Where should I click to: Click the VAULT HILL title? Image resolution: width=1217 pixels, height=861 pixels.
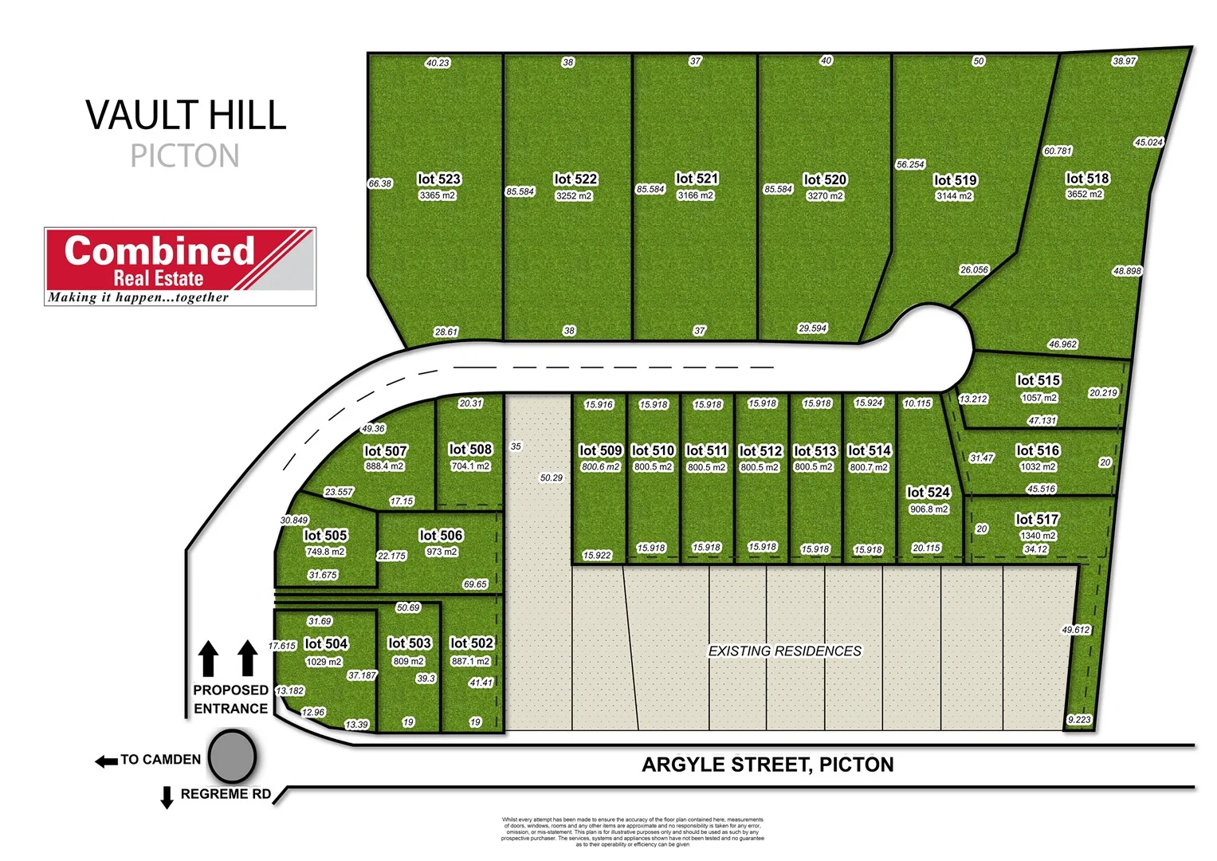pos(186,116)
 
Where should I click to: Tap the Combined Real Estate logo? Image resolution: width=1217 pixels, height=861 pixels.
pos(180,266)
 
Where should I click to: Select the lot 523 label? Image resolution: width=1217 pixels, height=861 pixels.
pos(439,179)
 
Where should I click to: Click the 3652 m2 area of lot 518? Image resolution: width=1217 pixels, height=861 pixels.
pos(1085,195)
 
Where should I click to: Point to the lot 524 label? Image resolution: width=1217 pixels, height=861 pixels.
pos(928,493)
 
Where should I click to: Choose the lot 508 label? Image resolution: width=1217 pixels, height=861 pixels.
pos(470,450)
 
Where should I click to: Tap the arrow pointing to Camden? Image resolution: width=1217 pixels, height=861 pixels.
pos(106,761)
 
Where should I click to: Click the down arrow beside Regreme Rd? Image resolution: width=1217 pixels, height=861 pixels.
pos(167,797)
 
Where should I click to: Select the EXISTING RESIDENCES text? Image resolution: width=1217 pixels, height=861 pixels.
pos(785,651)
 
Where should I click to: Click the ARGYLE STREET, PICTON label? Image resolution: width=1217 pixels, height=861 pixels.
pos(767,765)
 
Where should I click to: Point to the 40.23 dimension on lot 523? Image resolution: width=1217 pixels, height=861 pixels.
pos(438,63)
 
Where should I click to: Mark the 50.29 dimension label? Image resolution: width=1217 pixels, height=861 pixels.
pos(551,478)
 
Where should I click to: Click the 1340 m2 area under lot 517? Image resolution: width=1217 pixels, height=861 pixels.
pos(1038,536)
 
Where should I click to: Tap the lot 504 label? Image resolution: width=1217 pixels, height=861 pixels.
pos(326,644)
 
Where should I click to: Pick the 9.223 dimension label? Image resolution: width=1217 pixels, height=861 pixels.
pos(1079,720)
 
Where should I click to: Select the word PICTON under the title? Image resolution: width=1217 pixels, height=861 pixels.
pos(185,156)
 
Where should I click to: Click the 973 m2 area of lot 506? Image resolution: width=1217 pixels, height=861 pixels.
pos(441,552)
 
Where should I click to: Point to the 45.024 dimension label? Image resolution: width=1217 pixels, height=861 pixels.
pos(1148,143)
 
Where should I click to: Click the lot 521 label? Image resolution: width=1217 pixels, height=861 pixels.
pos(697,179)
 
